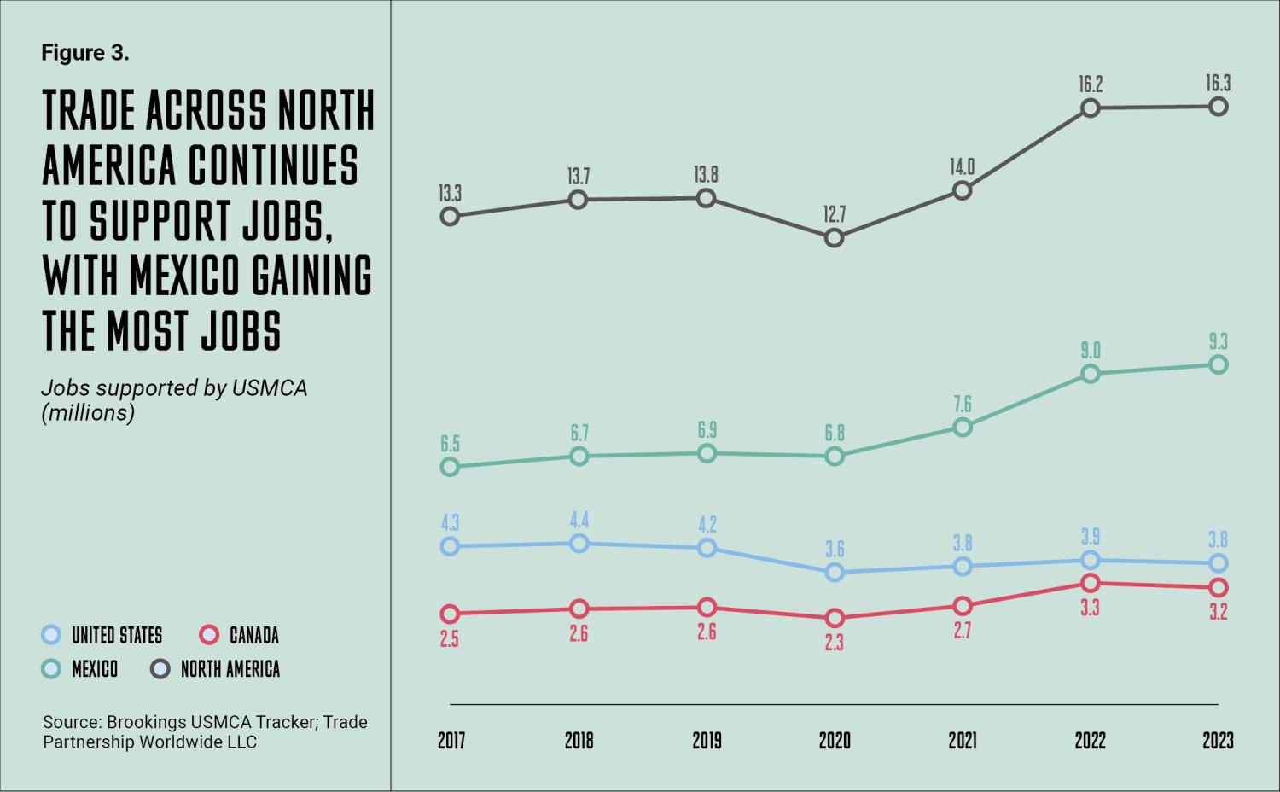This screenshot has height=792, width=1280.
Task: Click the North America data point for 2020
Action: (x=835, y=238)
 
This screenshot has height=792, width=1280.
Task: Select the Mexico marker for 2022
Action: (x=1090, y=374)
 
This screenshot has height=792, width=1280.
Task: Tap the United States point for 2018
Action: (x=579, y=544)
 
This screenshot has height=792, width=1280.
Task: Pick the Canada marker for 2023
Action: (x=1219, y=587)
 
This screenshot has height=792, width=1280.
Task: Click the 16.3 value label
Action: (x=1218, y=84)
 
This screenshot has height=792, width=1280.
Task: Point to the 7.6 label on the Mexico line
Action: (x=963, y=404)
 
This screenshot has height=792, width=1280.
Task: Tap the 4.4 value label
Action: (x=579, y=520)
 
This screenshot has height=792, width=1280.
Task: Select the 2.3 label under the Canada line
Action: (x=835, y=642)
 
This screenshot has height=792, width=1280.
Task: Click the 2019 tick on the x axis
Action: (x=707, y=740)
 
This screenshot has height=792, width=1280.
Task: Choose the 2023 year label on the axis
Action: (x=1218, y=740)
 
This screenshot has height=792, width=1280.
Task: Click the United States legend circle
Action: (x=52, y=635)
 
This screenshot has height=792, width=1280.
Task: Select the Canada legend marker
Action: (x=209, y=635)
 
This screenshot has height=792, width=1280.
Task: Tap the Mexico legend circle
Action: (x=52, y=669)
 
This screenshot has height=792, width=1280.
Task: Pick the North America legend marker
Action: (x=160, y=669)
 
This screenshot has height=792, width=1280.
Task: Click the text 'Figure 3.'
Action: (x=85, y=53)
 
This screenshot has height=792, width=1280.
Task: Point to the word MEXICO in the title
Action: (x=175, y=275)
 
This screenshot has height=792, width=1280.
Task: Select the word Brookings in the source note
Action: (x=145, y=722)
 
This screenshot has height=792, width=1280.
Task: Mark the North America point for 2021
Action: (x=963, y=190)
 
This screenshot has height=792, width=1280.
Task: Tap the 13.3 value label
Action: (x=450, y=194)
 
